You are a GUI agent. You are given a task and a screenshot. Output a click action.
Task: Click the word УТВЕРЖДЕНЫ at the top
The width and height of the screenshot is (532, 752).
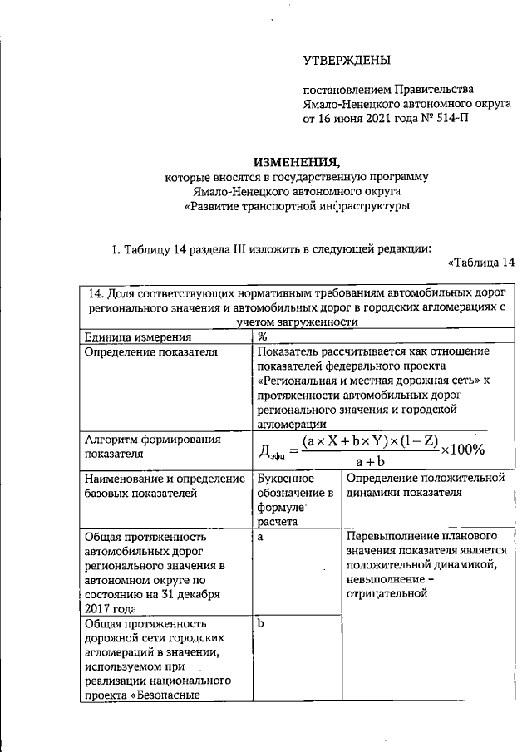tap(347, 59)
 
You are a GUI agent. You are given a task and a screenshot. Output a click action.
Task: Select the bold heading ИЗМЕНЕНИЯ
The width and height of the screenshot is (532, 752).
tap(296, 161)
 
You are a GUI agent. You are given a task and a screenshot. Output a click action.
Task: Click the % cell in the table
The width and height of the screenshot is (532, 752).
tap(262, 337)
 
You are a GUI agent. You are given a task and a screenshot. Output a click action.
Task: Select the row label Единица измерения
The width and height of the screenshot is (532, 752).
tap(138, 337)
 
